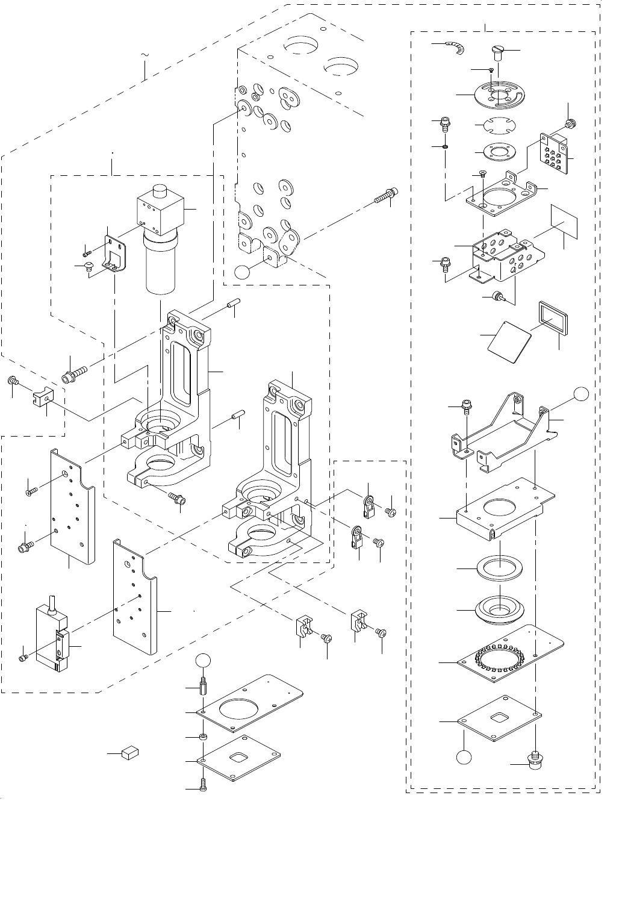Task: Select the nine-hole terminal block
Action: click(x=555, y=152)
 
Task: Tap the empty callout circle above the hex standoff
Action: click(x=204, y=659)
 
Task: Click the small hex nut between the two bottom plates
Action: click(x=204, y=738)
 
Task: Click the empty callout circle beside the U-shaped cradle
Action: click(x=580, y=394)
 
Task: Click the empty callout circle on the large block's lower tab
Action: click(x=241, y=272)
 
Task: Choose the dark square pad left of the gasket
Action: click(x=509, y=342)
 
